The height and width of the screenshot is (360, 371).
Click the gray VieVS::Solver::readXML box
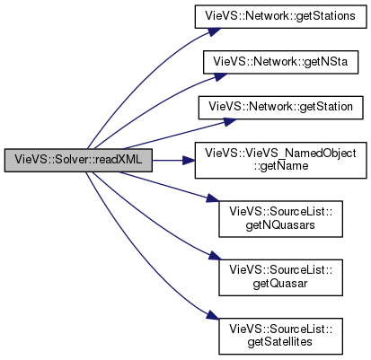click(78, 161)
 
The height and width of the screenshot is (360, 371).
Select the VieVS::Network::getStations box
click(280, 16)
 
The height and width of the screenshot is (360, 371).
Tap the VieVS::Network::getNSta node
click(280, 62)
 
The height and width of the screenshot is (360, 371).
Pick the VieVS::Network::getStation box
click(280, 108)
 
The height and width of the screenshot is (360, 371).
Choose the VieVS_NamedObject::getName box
click(280, 161)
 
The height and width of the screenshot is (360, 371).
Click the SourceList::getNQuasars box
click(280, 219)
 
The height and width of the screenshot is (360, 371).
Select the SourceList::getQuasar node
click(280, 277)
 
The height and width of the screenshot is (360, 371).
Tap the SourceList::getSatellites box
click(280, 337)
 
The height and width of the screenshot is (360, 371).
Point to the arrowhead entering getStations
click(214, 31)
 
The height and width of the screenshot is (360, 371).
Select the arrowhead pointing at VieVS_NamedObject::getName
click(189, 161)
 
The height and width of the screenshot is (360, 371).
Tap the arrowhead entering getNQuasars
click(213, 198)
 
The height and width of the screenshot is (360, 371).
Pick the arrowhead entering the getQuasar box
click(215, 256)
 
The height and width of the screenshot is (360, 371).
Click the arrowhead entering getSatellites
click(213, 316)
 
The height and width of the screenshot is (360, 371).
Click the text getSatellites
click(280, 342)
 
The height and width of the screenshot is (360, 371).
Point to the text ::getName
click(281, 166)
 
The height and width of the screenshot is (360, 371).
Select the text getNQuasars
click(280, 224)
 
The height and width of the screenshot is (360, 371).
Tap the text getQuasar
click(280, 284)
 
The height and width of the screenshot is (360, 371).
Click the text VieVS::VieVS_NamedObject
click(280, 154)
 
